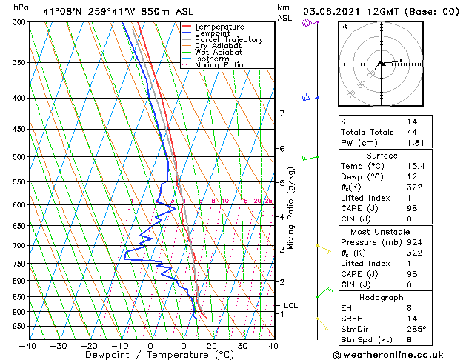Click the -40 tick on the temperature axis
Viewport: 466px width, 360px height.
27,345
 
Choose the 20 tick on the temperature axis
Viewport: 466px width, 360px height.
211,345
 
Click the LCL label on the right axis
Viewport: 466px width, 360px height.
291,305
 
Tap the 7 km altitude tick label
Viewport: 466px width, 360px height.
282,113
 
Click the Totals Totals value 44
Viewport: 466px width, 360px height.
411,132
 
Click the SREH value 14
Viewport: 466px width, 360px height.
411,319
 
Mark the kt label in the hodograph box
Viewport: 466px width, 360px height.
344,26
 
